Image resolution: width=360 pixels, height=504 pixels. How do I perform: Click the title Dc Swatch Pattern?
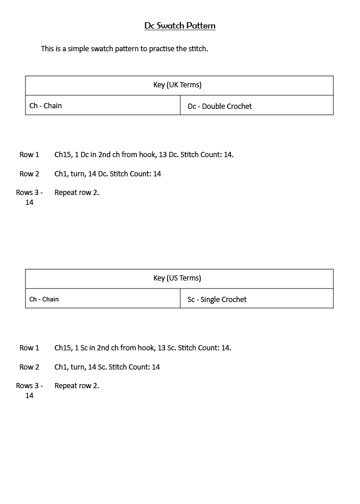point(180,26)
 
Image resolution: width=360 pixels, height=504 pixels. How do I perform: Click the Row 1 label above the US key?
point(29,155)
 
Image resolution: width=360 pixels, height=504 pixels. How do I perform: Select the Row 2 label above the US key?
point(29,174)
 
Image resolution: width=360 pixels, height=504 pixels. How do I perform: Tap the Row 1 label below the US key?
point(29,348)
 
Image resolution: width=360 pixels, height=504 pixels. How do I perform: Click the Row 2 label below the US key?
point(29,367)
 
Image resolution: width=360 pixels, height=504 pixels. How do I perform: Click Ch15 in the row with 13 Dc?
point(62,155)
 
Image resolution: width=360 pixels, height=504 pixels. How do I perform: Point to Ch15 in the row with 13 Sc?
point(62,348)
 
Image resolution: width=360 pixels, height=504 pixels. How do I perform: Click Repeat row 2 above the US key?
point(76,193)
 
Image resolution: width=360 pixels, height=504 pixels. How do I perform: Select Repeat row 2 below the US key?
point(76,386)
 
